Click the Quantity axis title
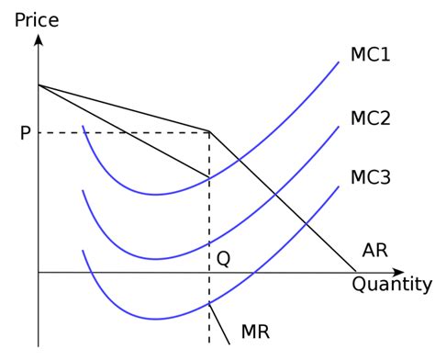(391, 284)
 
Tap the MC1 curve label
(371, 55)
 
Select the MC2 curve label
(371, 118)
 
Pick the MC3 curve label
(371, 176)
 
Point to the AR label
(375, 250)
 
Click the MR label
(254, 331)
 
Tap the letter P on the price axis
(25, 133)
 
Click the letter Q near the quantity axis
(223, 258)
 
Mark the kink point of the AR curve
(210, 132)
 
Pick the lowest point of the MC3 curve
(156, 319)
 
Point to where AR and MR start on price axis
(39, 85)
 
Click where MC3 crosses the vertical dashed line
(210, 302)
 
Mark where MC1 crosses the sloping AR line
(240, 161)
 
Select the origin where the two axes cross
(39, 273)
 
